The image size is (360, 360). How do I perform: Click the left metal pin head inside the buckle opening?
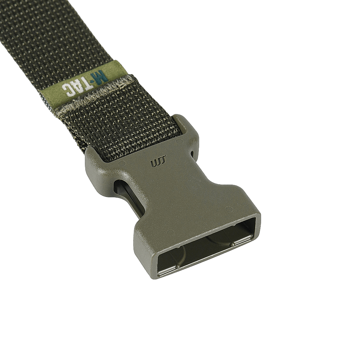click(177, 266)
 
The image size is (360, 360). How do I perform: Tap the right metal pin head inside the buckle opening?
click(233, 244)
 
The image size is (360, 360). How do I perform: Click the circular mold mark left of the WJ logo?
click(121, 164)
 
